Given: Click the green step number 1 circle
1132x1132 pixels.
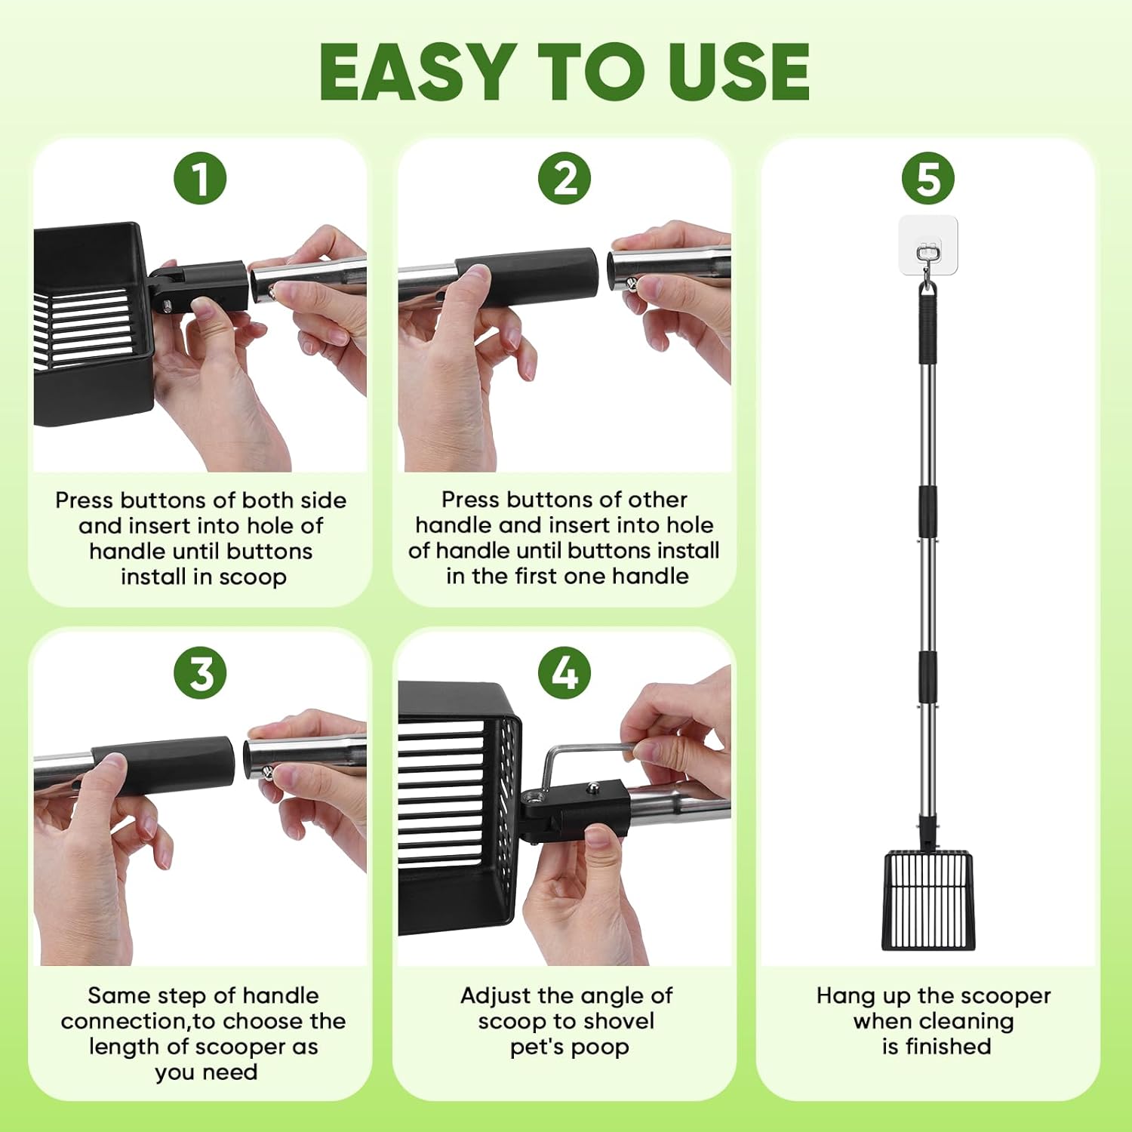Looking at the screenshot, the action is (x=200, y=179).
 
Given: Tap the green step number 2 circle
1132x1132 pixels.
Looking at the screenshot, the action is (x=564, y=179).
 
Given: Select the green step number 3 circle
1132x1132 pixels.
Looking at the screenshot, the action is (x=200, y=672).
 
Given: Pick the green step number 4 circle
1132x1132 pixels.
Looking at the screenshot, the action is (x=564, y=672).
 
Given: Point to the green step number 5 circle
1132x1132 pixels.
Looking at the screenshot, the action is (x=928, y=179).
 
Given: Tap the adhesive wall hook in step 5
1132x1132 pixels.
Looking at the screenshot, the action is (x=928, y=245).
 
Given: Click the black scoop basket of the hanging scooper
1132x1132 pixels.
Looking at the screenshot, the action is (x=928, y=900).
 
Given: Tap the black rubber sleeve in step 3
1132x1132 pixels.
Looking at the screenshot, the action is (x=163, y=764).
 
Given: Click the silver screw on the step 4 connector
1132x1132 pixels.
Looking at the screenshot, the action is (x=594, y=787).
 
